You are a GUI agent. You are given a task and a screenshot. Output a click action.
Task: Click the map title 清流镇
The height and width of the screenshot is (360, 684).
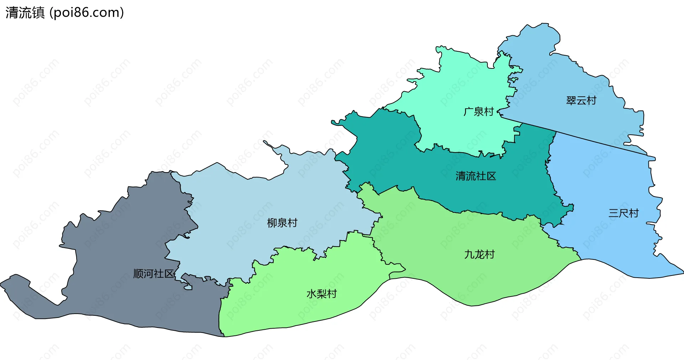pyautogui.click(x=25, y=13)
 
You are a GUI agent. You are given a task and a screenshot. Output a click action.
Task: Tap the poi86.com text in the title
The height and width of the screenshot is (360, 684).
pyautogui.click(x=87, y=13)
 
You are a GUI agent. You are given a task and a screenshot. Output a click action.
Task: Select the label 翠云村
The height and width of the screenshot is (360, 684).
pyautogui.click(x=581, y=101)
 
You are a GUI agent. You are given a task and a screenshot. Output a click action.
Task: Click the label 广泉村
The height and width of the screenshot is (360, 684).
pyautogui.click(x=478, y=112)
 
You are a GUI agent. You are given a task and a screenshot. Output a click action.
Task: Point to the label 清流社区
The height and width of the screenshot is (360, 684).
pyautogui.click(x=476, y=176)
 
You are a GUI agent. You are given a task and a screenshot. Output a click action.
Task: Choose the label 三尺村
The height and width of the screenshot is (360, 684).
pyautogui.click(x=623, y=213)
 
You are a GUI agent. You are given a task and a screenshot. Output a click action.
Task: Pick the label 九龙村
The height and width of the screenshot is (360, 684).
pyautogui.click(x=479, y=254)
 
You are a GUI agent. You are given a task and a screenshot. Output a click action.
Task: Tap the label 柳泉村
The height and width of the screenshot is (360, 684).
pyautogui.click(x=282, y=223)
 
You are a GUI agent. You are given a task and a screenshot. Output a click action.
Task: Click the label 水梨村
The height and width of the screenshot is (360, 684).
pyautogui.click(x=321, y=294)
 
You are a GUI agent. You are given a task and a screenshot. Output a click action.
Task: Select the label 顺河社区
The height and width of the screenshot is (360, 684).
pyautogui.click(x=154, y=274)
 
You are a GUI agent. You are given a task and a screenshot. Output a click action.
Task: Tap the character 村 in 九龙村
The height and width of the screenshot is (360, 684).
pyautogui.click(x=490, y=254)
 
